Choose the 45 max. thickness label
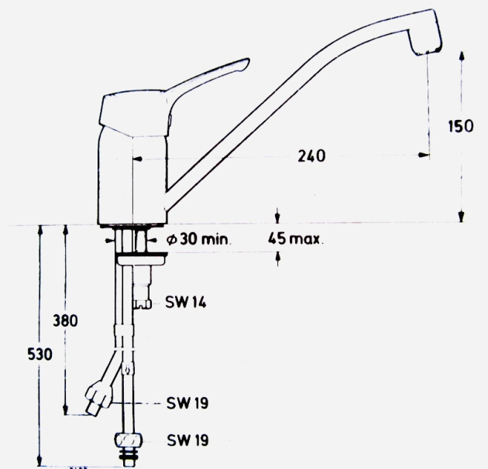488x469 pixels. (296, 239)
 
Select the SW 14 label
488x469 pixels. (184, 303)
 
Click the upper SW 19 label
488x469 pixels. (187, 403)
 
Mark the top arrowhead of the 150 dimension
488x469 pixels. (461, 55)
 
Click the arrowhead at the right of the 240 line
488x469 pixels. (424, 156)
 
